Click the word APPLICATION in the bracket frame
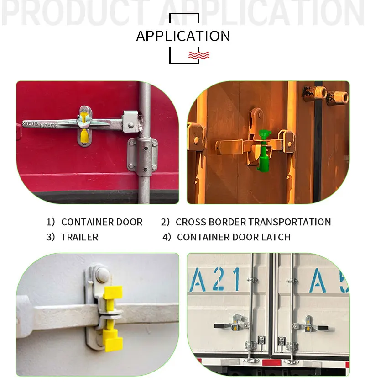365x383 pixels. point(183,36)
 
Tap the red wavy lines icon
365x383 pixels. point(199,55)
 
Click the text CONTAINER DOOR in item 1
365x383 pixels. point(101,222)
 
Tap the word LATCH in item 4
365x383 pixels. point(276,237)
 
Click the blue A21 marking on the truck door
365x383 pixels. point(215,279)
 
